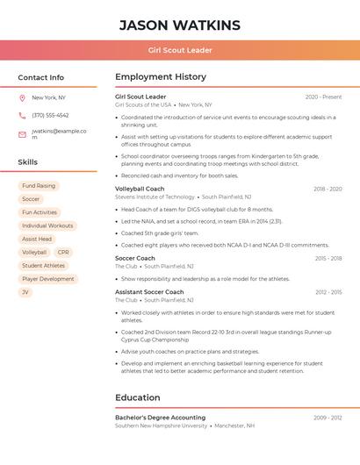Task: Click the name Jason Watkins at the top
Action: (x=179, y=25)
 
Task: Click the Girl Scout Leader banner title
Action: (x=180, y=50)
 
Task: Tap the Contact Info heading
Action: (x=41, y=77)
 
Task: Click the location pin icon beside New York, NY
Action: (x=22, y=98)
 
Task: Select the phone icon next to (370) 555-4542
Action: (x=22, y=115)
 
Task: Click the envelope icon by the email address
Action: (x=22, y=134)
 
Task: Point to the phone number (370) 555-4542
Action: (x=50, y=115)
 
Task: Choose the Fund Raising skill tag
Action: (x=39, y=186)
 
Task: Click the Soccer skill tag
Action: (x=31, y=199)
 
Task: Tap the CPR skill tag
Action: (x=63, y=252)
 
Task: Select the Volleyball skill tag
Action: (x=34, y=252)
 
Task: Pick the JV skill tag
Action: (x=25, y=292)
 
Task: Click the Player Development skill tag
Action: (x=48, y=279)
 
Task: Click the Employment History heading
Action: (x=161, y=77)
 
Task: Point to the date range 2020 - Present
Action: (x=323, y=97)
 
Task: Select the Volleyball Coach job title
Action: (x=140, y=189)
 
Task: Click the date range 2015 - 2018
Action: (x=328, y=258)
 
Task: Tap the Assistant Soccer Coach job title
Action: (x=149, y=291)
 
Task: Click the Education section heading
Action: (x=138, y=397)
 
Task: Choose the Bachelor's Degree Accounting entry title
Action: (x=160, y=418)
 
